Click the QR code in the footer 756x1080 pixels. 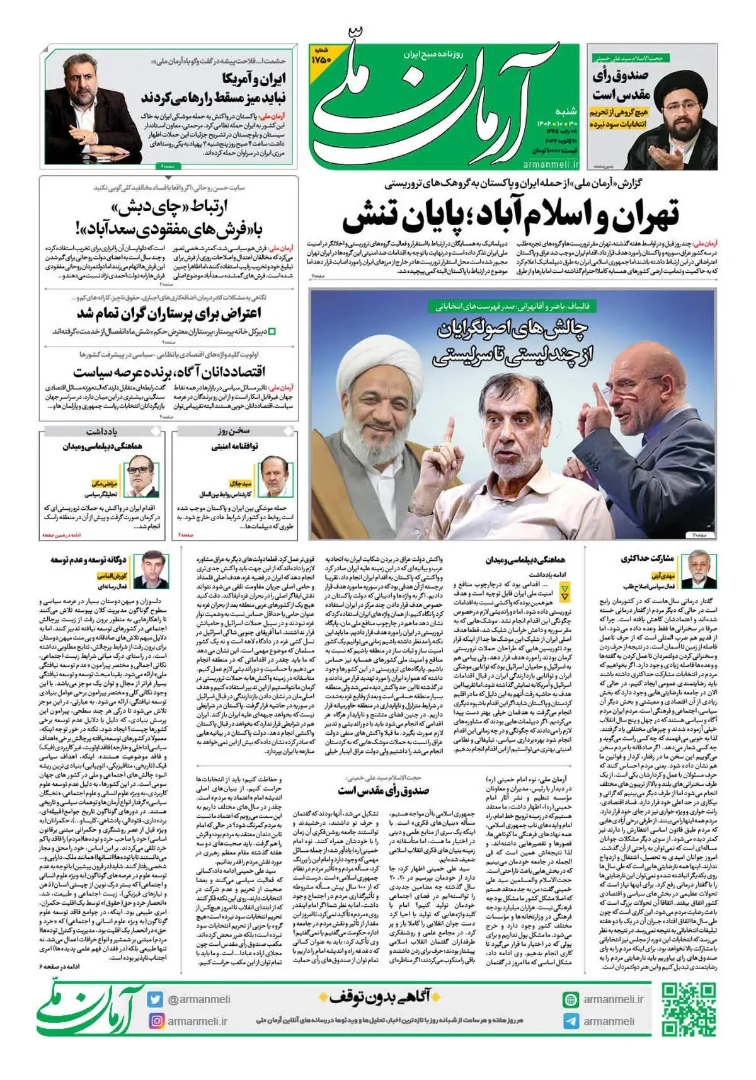[690, 1010]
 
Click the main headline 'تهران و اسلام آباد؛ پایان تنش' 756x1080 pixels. [510, 214]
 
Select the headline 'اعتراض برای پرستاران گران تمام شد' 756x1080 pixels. [169, 313]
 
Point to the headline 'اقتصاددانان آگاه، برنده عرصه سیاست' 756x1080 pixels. [169, 372]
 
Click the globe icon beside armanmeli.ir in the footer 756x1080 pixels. [571, 999]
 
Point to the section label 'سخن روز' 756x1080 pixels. [235, 432]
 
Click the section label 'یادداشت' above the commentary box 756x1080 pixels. [102, 432]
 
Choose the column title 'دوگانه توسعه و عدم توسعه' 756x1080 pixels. [88, 560]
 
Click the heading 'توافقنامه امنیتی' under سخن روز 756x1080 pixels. [235, 447]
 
